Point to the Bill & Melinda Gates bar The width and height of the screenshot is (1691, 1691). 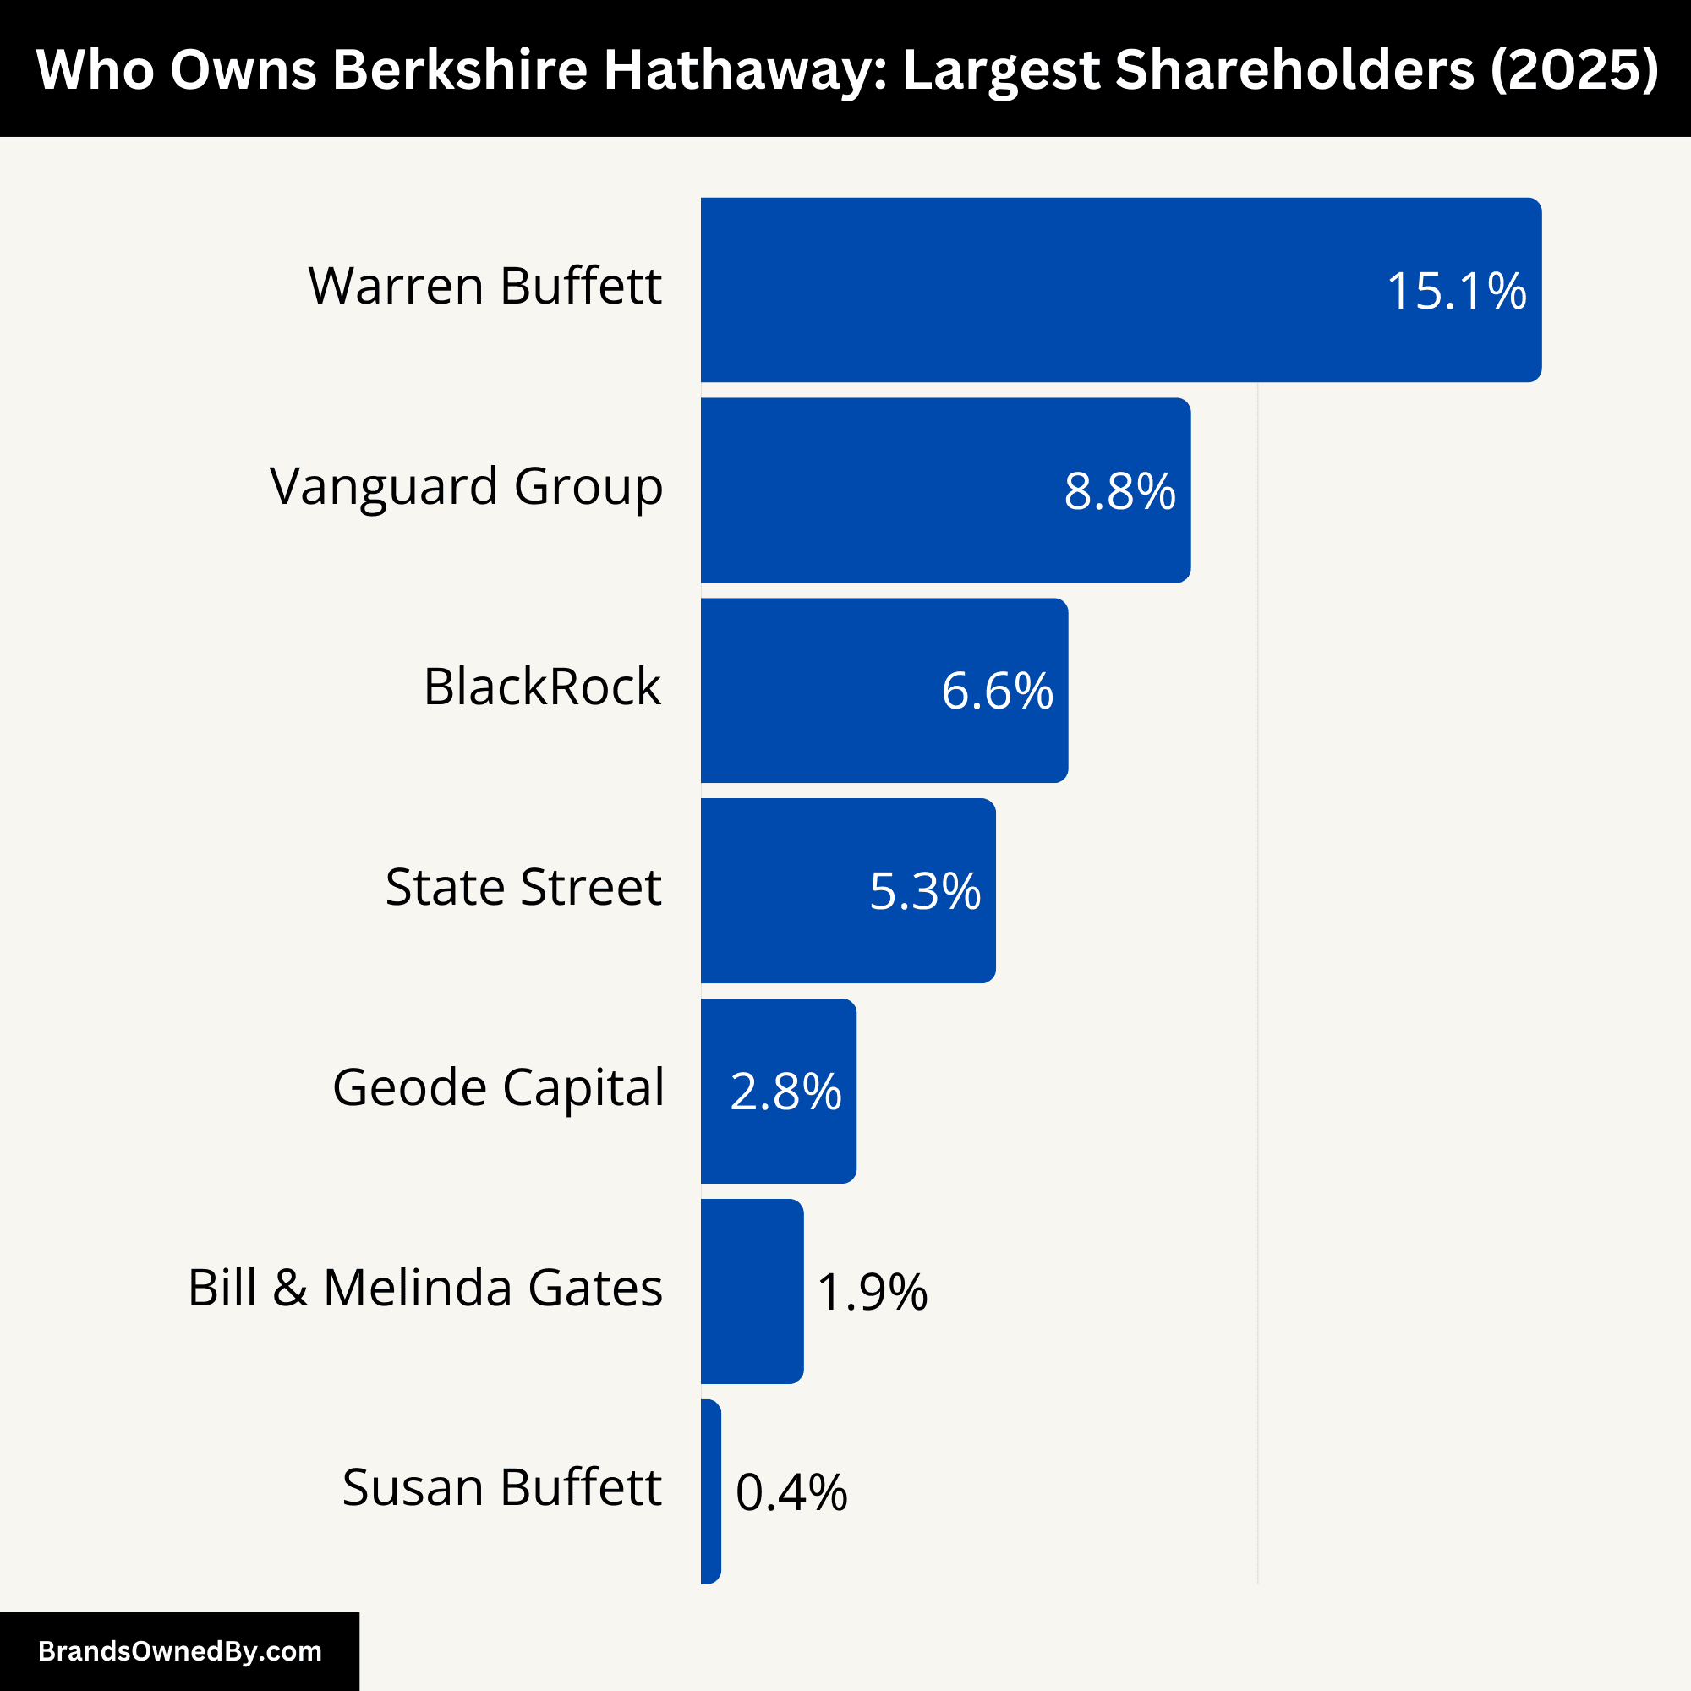(x=752, y=1291)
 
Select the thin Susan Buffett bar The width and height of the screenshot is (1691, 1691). (x=711, y=1491)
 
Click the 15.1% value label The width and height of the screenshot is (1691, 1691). (x=1457, y=291)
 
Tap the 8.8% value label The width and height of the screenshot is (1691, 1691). (x=1119, y=491)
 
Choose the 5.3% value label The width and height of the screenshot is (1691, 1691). (x=924, y=891)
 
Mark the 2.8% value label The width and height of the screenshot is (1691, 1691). (x=785, y=1092)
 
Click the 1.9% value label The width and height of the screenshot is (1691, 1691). (x=872, y=1292)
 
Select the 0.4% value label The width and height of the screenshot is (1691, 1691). (x=791, y=1492)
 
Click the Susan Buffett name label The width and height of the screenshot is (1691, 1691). (x=501, y=1487)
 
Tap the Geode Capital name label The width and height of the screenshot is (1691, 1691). (x=498, y=1087)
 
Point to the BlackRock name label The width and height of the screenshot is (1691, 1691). (x=542, y=687)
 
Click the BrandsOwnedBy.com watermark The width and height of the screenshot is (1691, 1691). (x=179, y=1650)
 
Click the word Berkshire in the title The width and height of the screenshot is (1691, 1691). (x=459, y=68)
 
